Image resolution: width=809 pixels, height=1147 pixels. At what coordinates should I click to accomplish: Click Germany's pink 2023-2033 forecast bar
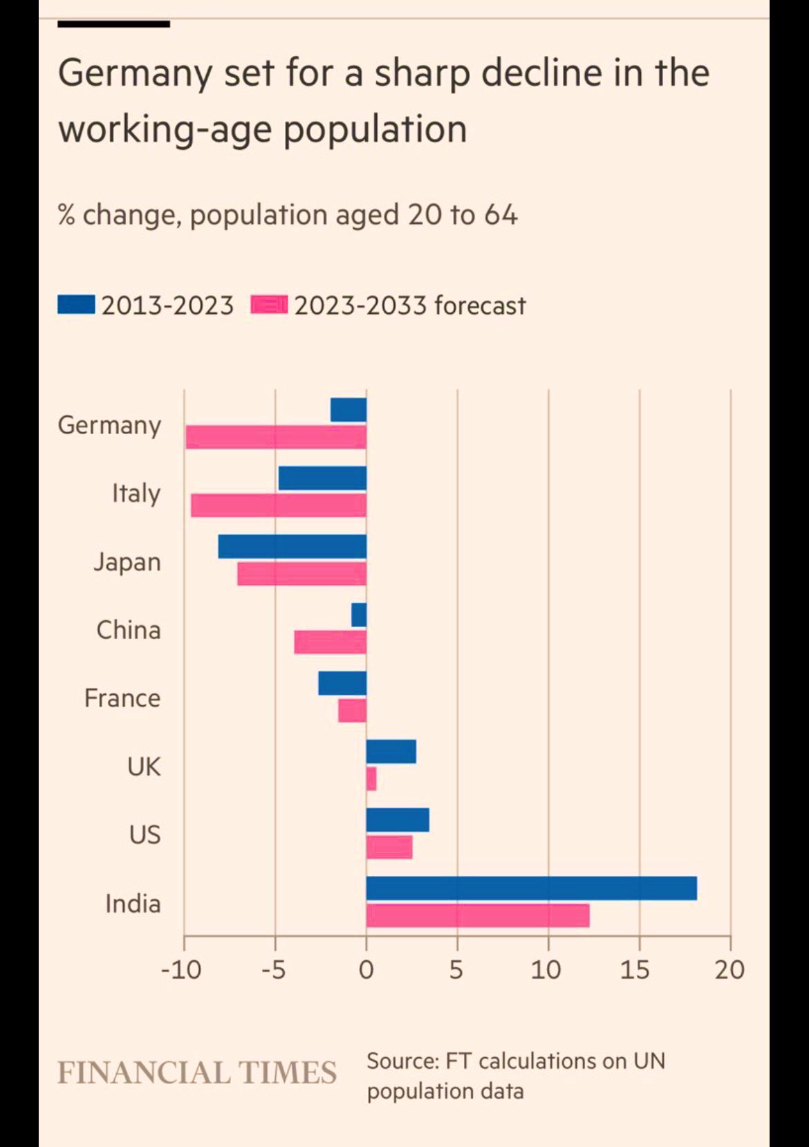[276, 437]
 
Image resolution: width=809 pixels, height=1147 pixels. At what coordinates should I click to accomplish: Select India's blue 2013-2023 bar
[531, 888]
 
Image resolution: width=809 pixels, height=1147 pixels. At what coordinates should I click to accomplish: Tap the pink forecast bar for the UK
[371, 778]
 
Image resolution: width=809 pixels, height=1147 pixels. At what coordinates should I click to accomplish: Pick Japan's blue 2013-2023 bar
[292, 546]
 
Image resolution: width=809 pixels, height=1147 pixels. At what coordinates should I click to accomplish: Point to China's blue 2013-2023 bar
[359, 615]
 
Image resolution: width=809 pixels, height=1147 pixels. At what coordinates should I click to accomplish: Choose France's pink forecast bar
[352, 710]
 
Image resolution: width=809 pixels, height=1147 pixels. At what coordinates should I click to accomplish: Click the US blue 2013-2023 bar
[398, 820]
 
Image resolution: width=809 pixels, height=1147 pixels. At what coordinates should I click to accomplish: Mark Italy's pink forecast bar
[279, 505]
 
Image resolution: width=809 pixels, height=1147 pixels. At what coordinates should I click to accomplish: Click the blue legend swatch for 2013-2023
[76, 305]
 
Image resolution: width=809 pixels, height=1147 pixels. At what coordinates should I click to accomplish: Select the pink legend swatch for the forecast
[269, 305]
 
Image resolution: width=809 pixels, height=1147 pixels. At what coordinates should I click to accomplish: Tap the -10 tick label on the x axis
[181, 970]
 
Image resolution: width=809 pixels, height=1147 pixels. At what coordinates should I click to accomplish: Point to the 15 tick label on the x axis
[635, 970]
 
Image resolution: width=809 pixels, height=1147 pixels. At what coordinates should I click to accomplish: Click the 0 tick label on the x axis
[366, 970]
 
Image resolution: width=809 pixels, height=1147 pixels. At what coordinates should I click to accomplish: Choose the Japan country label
[127, 561]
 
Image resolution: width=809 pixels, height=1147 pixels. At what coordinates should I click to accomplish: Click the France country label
[122, 698]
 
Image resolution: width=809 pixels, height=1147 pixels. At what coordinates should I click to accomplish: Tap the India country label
[133, 904]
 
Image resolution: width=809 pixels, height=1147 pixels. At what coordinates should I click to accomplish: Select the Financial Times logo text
[197, 1073]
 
